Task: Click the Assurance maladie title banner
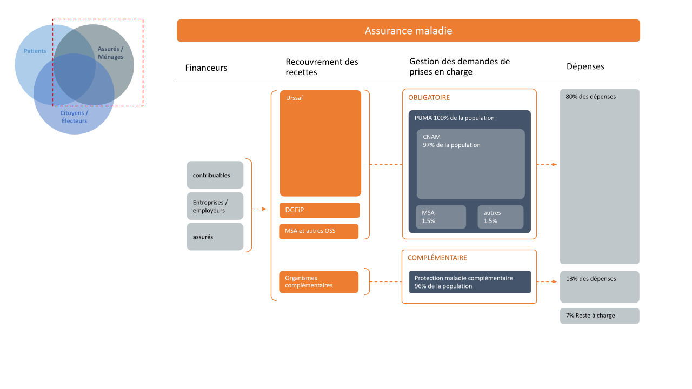point(408,31)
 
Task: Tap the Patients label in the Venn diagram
point(35,51)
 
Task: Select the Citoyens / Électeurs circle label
point(74,117)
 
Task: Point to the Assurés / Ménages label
point(111,53)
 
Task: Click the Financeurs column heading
point(206,68)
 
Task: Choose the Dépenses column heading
point(585,66)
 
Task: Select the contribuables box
point(215,175)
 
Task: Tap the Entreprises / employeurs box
point(215,206)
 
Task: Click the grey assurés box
point(215,237)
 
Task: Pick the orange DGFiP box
point(320,210)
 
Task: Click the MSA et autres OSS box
point(319,232)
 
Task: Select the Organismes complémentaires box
point(319,282)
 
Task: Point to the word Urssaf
point(295,98)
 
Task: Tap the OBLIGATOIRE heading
point(429,98)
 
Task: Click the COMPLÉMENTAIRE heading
point(437,258)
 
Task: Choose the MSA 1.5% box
point(441,217)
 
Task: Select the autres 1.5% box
point(501,217)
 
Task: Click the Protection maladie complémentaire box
point(470,282)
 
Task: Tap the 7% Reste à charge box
point(600,316)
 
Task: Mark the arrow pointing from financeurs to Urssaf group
point(259,209)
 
